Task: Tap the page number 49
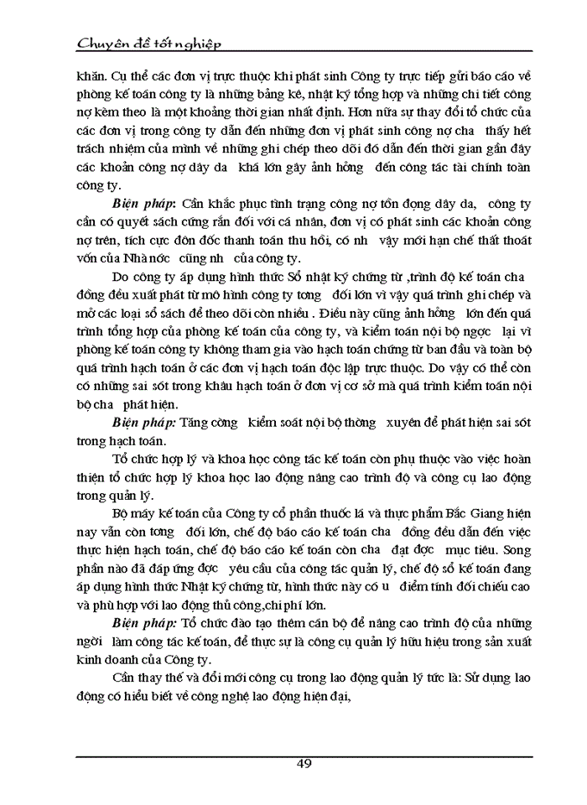pos(304,765)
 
